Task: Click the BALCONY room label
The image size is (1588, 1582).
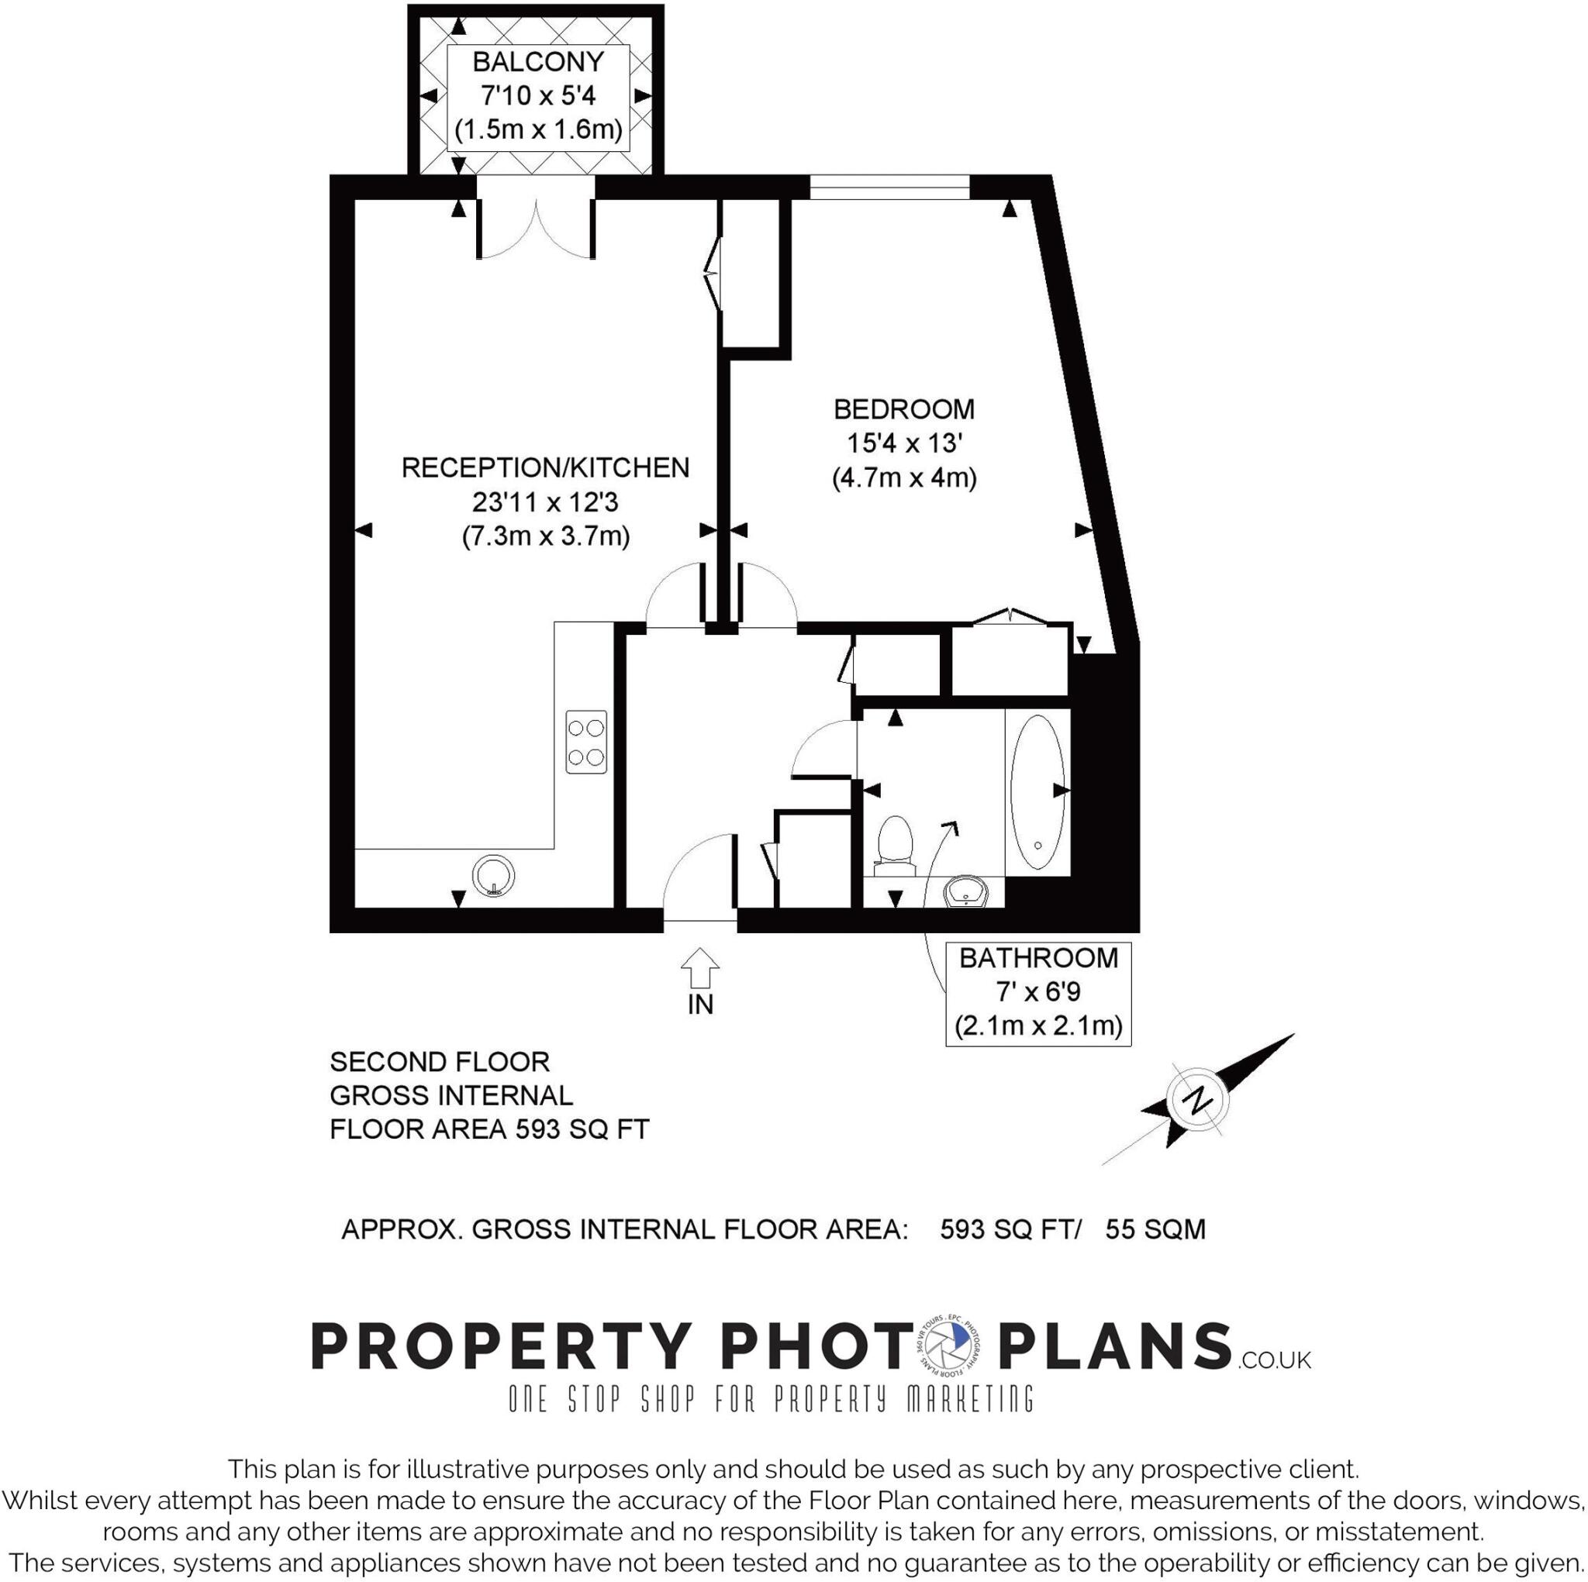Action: pyautogui.click(x=538, y=62)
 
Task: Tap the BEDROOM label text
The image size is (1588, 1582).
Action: pyautogui.click(x=903, y=409)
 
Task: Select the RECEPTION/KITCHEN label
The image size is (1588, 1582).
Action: pyautogui.click(x=545, y=467)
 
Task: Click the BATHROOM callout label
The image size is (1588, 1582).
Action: pyautogui.click(x=1038, y=957)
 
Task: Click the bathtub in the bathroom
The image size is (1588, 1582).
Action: pyautogui.click(x=1037, y=792)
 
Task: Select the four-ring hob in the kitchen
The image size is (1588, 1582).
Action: pyautogui.click(x=586, y=741)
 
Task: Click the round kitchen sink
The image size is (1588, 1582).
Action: pyautogui.click(x=493, y=874)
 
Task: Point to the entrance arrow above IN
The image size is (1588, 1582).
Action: pyautogui.click(x=699, y=967)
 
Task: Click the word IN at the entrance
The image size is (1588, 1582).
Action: pyautogui.click(x=700, y=1005)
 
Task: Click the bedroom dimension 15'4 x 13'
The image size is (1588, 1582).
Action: pyautogui.click(x=904, y=444)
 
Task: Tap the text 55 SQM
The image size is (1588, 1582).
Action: pyautogui.click(x=1155, y=1229)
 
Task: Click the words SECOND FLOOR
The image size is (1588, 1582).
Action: pyautogui.click(x=439, y=1062)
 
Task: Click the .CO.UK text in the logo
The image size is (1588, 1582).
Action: pyautogui.click(x=1273, y=1360)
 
